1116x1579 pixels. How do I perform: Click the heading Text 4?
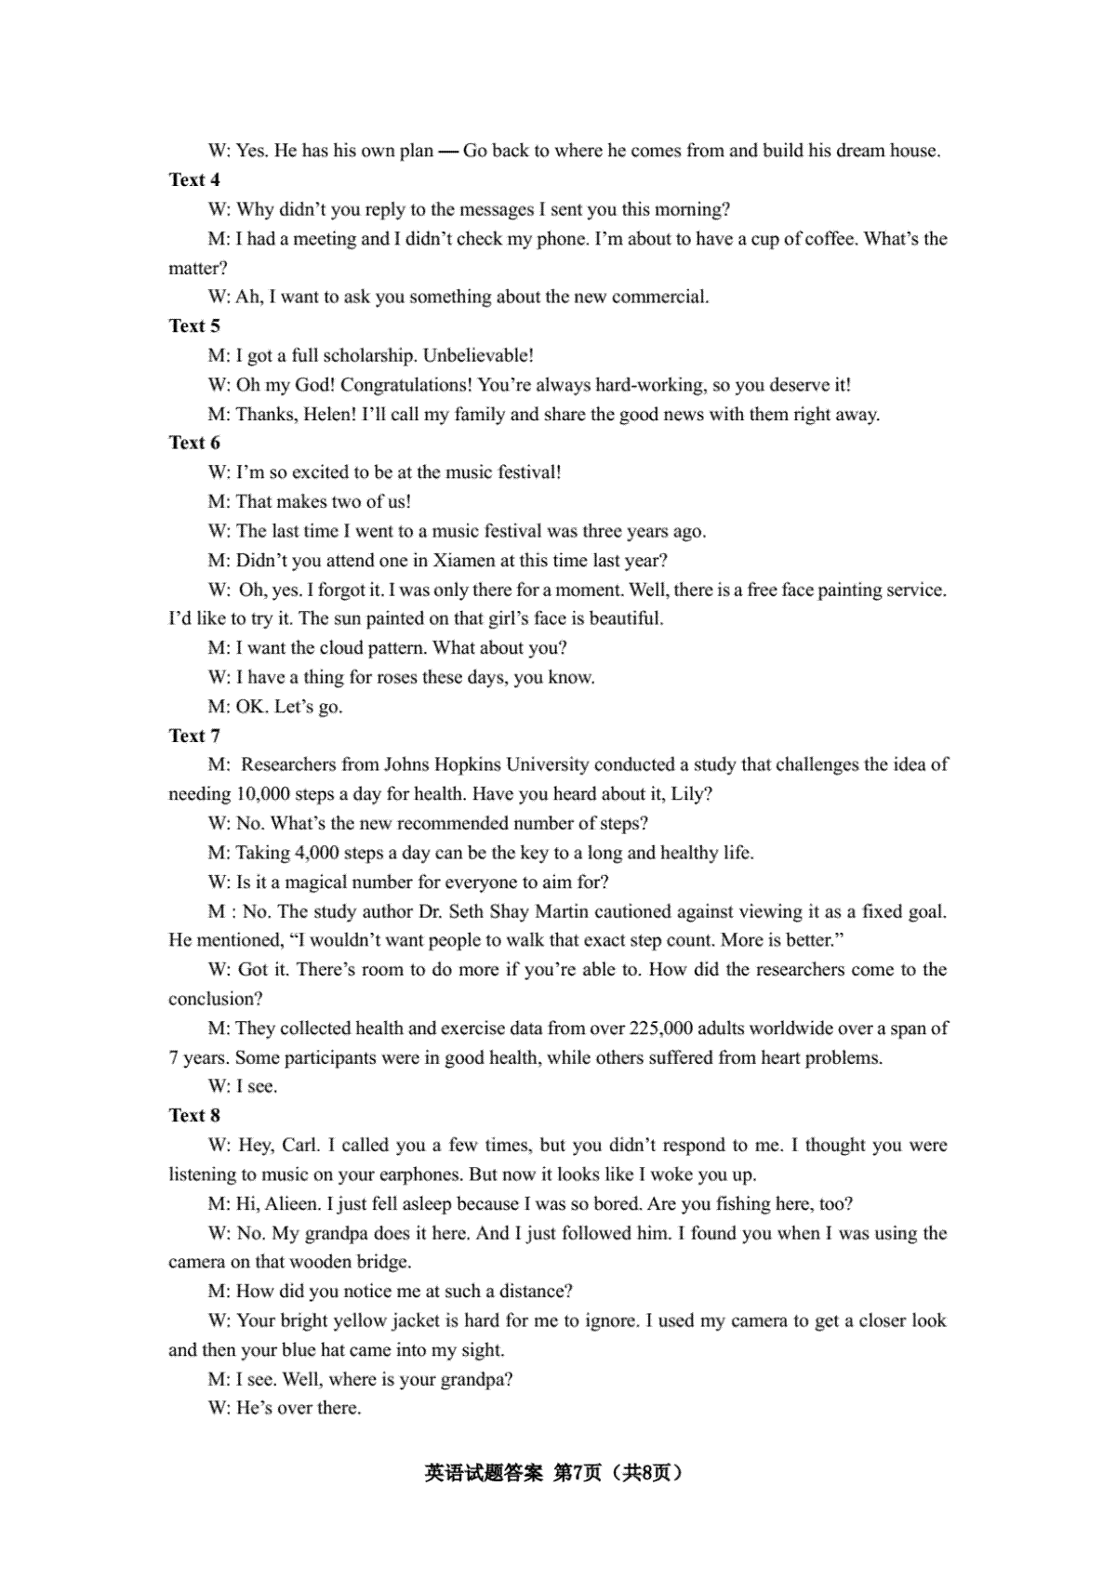(x=194, y=179)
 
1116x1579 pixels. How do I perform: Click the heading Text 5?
(x=194, y=325)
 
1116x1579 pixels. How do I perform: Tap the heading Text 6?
(x=194, y=443)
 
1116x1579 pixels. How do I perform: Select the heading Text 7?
(x=194, y=736)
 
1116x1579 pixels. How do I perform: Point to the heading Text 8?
(x=194, y=1115)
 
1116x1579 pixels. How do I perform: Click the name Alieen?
(x=293, y=1203)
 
